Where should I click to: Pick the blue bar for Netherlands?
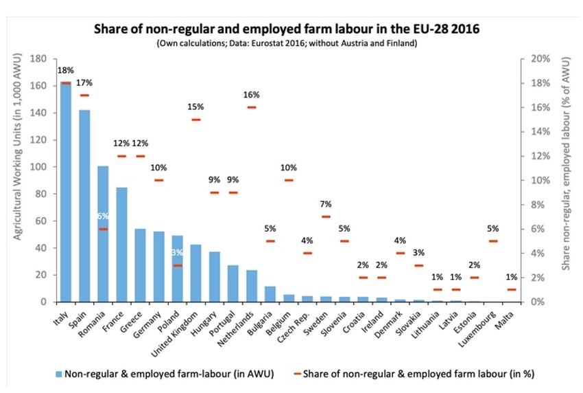[x=251, y=286]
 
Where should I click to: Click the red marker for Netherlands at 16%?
[x=251, y=107]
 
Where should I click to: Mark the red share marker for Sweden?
[x=326, y=216]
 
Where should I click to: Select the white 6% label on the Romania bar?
[x=104, y=216]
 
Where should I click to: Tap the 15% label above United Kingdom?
[x=196, y=106]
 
